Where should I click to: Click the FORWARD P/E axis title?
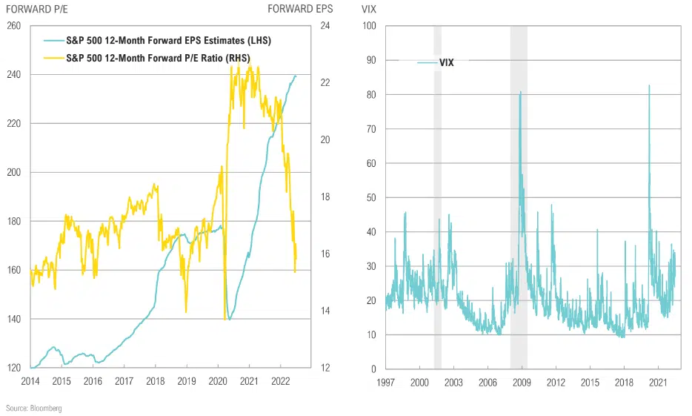pos(37,9)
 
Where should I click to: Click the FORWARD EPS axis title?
pos(301,9)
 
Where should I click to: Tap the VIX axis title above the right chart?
pos(369,9)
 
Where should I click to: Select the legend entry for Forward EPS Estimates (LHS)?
pos(160,41)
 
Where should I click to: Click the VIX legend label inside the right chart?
pos(446,63)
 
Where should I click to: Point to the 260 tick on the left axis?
pos(13,26)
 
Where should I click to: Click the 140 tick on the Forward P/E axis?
pos(13,319)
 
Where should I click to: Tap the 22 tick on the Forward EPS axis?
pos(325,83)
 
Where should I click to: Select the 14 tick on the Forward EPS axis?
pos(325,311)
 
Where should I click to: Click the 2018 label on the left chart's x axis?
pos(155,381)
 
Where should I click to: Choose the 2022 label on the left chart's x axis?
pos(280,381)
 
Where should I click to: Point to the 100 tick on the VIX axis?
pos(370,26)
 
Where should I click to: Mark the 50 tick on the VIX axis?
pos(372,197)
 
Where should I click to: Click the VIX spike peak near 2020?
pos(649,86)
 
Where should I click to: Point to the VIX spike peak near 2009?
pos(520,93)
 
